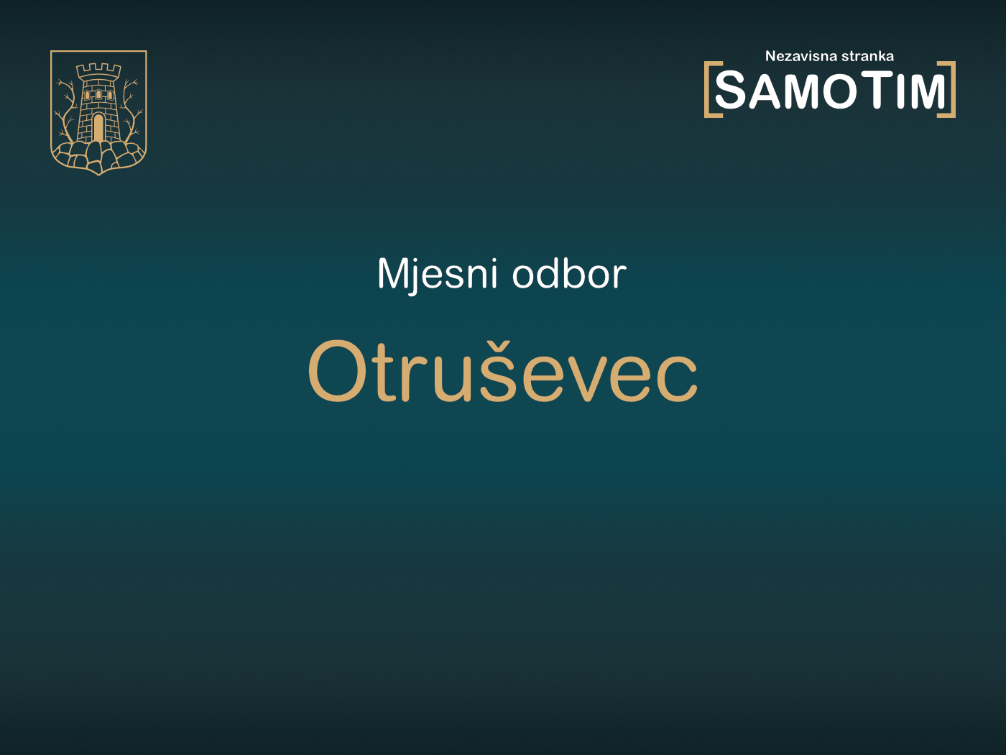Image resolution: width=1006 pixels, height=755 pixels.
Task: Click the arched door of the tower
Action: [98, 128]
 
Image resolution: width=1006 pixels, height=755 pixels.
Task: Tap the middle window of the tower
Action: [98, 94]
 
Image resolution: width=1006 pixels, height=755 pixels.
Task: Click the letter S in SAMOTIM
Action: [732, 91]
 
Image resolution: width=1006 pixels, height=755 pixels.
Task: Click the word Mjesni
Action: [437, 275]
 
